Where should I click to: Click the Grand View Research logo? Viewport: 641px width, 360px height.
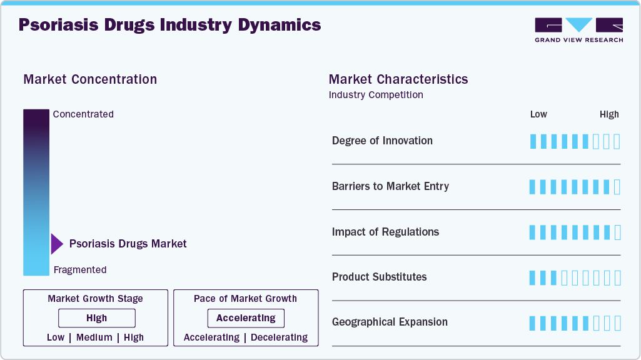pos(578,29)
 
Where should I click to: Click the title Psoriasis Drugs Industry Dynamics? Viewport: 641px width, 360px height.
pos(169,25)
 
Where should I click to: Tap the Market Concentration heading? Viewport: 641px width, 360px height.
pos(90,79)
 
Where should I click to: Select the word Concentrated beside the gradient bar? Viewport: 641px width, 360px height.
pos(83,114)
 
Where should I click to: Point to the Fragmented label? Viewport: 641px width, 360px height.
pos(80,270)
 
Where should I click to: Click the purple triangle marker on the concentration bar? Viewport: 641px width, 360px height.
pos(56,244)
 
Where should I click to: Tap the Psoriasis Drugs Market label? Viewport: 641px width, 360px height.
pos(128,244)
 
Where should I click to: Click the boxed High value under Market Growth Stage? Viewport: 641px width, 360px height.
pos(97,318)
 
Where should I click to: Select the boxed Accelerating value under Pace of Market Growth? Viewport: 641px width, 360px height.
pos(246,318)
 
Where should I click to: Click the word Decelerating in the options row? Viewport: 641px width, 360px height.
pos(280,337)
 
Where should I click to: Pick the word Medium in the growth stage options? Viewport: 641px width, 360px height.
pos(94,337)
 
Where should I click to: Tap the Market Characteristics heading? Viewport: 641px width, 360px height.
pos(398,79)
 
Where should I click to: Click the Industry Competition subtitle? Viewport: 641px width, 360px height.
pos(376,95)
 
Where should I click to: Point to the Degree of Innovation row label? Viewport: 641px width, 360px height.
pos(382,141)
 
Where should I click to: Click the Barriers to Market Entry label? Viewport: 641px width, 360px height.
pos(390,186)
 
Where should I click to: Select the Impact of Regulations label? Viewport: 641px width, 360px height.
pos(385,232)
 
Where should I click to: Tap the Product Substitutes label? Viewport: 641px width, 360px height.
pos(379,277)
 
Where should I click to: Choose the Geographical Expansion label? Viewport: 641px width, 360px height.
pos(390,322)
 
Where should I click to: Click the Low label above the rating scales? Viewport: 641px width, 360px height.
pos(538,114)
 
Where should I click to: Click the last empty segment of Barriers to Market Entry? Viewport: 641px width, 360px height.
pos(617,187)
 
